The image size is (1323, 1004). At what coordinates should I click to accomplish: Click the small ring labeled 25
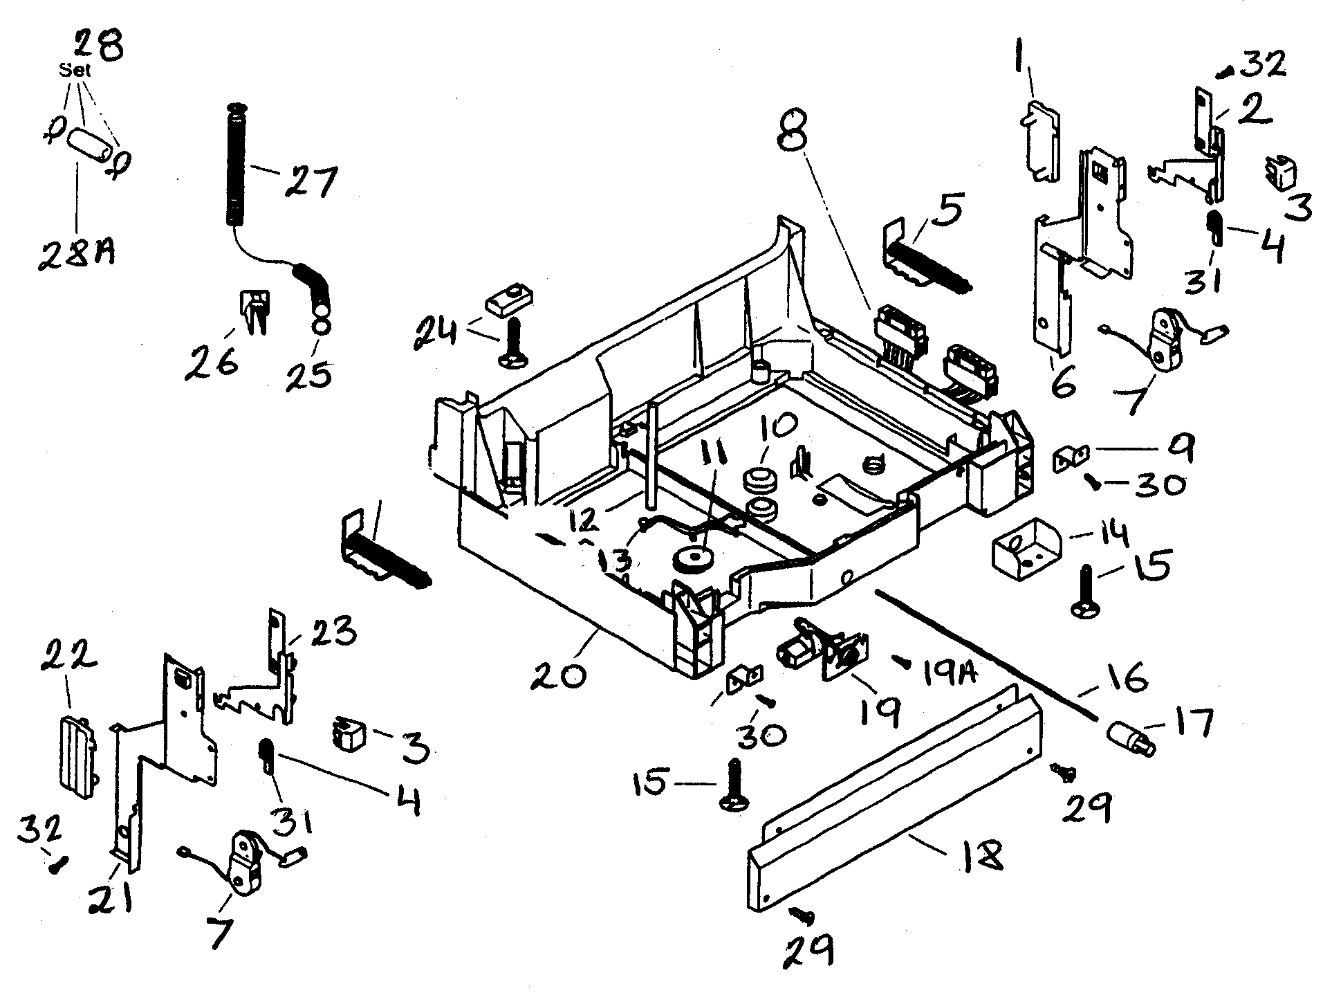coord(321,326)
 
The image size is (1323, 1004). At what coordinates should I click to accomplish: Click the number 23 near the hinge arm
coord(334,632)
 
